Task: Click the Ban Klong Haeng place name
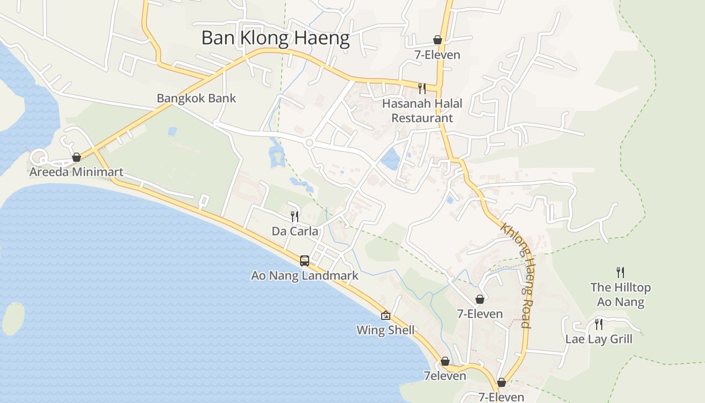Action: point(275,38)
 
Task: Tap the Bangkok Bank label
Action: point(196,98)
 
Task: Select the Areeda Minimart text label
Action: point(76,172)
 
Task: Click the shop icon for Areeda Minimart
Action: point(77,157)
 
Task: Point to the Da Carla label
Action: point(295,231)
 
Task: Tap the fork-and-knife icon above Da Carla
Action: point(295,217)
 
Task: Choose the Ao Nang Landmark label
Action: point(305,276)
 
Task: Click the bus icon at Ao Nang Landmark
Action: point(305,260)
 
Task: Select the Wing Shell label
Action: point(386,330)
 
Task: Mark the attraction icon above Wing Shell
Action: point(386,315)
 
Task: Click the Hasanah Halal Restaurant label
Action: point(422,111)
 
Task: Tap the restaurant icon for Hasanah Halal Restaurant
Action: point(422,89)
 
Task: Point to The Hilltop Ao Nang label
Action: point(620,295)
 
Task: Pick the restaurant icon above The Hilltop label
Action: point(620,273)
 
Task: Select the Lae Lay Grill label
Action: point(598,339)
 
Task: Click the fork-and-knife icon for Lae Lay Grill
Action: point(598,324)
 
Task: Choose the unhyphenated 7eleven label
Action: point(445,376)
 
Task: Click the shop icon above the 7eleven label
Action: point(445,361)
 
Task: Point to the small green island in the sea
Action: point(13,318)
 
